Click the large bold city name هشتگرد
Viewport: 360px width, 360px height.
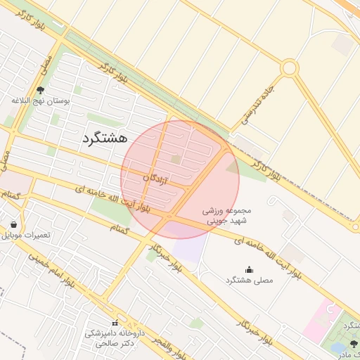pos(105,138)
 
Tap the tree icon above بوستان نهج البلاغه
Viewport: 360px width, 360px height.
pos(39,90)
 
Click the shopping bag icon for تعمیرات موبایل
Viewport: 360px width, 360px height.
pos(14,225)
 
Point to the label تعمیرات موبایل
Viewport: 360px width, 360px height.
pos(27,235)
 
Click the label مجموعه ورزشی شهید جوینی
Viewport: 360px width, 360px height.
pos(226,215)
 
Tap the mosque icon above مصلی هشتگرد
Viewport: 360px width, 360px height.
pos(249,269)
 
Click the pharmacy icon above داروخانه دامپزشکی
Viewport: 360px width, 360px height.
pos(115,323)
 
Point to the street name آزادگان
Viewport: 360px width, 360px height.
pos(155,179)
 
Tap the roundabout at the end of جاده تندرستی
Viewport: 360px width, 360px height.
pos(289,68)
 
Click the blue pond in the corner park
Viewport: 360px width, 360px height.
pos(338,347)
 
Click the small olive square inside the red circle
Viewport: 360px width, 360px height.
pos(175,160)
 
